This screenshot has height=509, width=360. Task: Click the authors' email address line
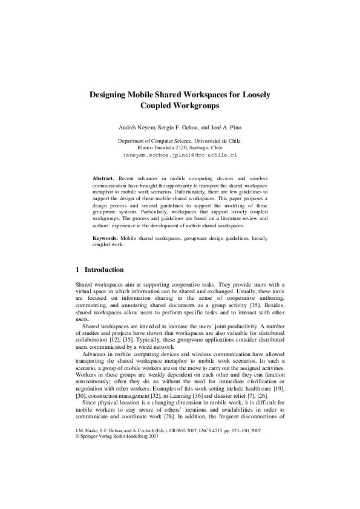tap(180, 155)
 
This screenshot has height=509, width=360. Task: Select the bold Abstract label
tap(103, 179)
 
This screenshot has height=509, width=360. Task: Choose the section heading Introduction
tap(104, 270)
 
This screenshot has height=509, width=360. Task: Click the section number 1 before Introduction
tap(77, 270)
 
